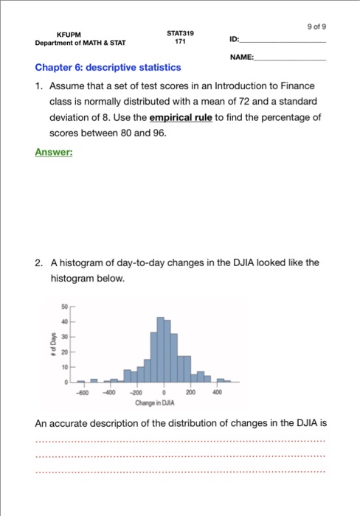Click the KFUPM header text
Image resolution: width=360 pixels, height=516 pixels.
coord(69,34)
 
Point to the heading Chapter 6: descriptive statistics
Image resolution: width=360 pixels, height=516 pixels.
coord(108,68)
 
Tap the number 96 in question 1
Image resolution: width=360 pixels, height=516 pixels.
coord(159,134)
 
